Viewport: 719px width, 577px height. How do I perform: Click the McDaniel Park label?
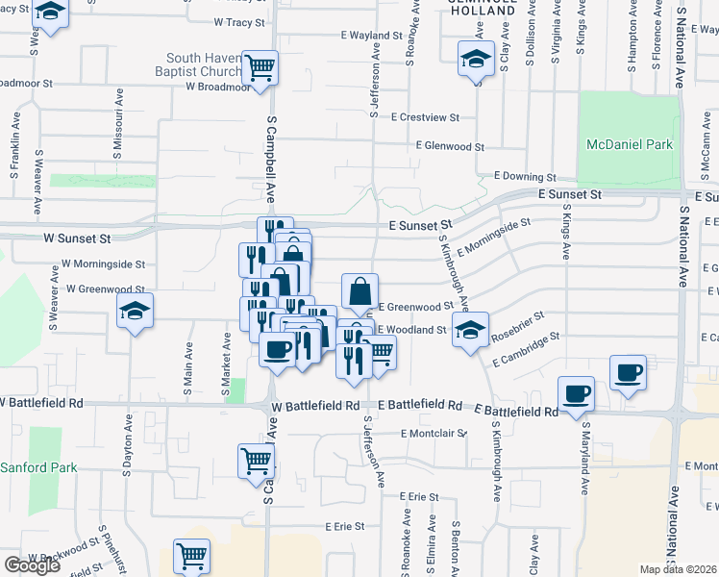pos(630,144)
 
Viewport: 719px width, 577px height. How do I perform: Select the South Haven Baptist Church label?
pos(200,64)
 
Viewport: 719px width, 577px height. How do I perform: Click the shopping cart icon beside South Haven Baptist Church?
pos(260,66)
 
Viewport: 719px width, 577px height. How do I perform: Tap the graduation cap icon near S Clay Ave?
pos(476,59)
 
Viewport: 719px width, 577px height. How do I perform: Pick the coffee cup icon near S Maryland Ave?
pos(576,392)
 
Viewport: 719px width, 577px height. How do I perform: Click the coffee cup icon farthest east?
pos(629,371)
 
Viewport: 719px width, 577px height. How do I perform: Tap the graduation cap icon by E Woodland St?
pos(470,329)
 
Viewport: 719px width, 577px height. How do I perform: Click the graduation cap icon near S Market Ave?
pos(135,311)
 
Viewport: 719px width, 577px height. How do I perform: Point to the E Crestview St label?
pos(425,117)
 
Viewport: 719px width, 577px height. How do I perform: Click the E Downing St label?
pos(525,177)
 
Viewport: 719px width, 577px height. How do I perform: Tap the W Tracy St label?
pos(238,21)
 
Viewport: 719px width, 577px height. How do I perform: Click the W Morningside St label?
pos(104,263)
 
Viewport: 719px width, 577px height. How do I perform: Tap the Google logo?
pos(32,565)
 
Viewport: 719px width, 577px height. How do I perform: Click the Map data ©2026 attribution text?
pos(679,569)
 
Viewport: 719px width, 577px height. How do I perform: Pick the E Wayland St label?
pos(370,36)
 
